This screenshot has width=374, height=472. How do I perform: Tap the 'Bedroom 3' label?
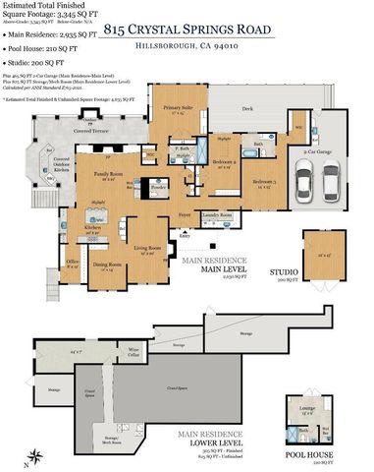pyautogui.click(x=263, y=183)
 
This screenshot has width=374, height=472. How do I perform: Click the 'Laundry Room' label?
pyautogui.click(x=218, y=214)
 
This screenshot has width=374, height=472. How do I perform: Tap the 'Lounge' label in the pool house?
pyautogui.click(x=305, y=408)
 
